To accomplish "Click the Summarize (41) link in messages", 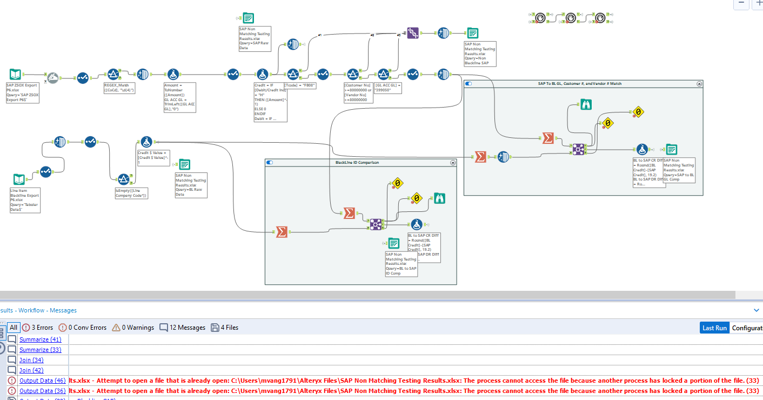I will (x=40, y=339).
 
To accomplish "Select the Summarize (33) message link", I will (x=40, y=350).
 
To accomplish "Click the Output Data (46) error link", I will (x=42, y=381).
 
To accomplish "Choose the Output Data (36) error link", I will (x=42, y=391).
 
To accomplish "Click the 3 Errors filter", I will (x=37, y=328).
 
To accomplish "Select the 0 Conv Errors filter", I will (x=83, y=328).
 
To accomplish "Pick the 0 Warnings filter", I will (x=132, y=328).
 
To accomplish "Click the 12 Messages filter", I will (x=182, y=328).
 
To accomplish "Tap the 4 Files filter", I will (x=224, y=328).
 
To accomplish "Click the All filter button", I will (x=14, y=328).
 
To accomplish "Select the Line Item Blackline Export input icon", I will (x=19, y=179).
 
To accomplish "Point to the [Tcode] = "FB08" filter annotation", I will (x=300, y=85).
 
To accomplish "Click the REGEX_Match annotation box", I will (x=119, y=88).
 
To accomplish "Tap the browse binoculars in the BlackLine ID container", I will (x=439, y=199).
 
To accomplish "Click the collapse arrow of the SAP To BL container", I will (x=699, y=84).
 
